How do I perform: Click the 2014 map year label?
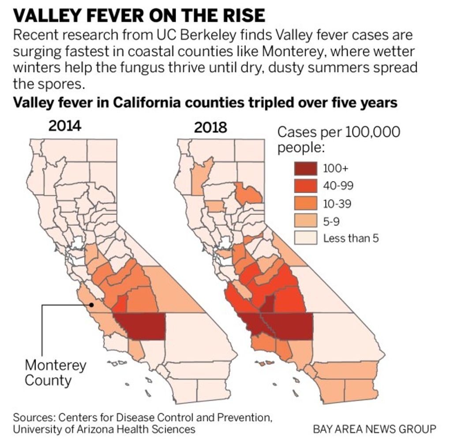[65, 126]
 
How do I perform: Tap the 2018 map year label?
[210, 128]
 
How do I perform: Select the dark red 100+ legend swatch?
[305, 168]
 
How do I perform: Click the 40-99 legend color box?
[305, 186]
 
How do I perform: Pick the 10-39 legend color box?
[305, 204]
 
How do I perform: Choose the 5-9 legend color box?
[305, 221]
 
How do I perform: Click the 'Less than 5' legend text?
[351, 239]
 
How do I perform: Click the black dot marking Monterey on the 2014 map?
[91, 304]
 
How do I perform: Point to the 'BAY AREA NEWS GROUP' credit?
[375, 429]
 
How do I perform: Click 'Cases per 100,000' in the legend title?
[338, 132]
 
